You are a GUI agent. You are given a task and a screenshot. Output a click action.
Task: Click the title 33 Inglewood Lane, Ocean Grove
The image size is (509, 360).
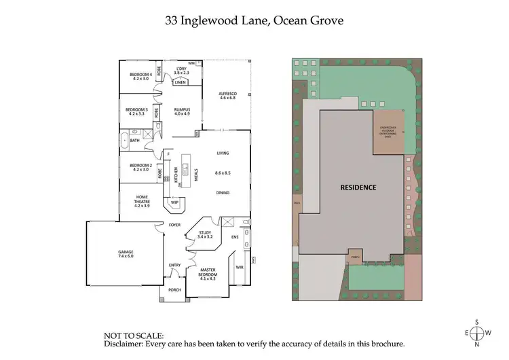click(254, 20)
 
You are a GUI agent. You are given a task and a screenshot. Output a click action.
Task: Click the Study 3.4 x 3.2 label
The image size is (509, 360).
click(205, 235)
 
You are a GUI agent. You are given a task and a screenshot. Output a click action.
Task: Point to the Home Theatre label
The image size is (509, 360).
click(142, 201)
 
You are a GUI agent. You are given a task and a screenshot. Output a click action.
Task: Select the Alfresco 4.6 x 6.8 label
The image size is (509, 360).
click(227, 96)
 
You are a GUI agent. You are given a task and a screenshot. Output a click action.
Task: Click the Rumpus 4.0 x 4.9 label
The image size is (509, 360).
click(182, 112)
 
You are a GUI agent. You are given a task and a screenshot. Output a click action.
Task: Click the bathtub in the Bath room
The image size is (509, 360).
click(124, 141)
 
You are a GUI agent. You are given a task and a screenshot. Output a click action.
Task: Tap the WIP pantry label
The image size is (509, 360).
click(174, 202)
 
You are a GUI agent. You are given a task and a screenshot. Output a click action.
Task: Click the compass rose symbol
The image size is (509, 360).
click(478, 333)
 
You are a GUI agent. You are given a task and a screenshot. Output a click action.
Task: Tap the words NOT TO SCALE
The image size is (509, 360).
click(133, 336)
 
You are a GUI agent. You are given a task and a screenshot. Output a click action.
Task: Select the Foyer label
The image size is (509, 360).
click(174, 225)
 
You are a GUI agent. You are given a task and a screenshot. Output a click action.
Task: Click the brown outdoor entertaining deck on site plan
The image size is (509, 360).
click(389, 133)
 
